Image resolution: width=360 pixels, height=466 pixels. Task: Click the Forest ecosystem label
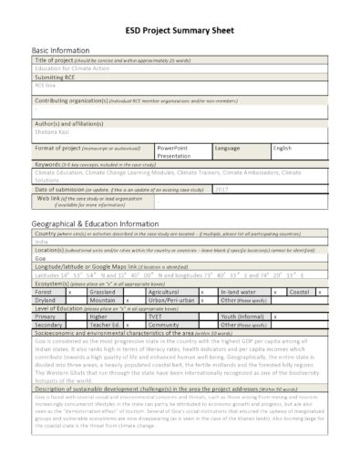point(45,291)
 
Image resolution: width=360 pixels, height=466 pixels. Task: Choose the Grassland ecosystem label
point(105,291)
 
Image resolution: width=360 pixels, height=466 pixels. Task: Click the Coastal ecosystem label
point(299,291)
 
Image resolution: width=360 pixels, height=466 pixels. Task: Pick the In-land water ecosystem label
point(239,291)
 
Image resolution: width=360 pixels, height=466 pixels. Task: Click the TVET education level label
point(157,316)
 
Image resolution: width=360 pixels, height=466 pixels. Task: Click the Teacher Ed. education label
point(105,324)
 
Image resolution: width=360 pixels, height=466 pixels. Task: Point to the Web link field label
point(55,197)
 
